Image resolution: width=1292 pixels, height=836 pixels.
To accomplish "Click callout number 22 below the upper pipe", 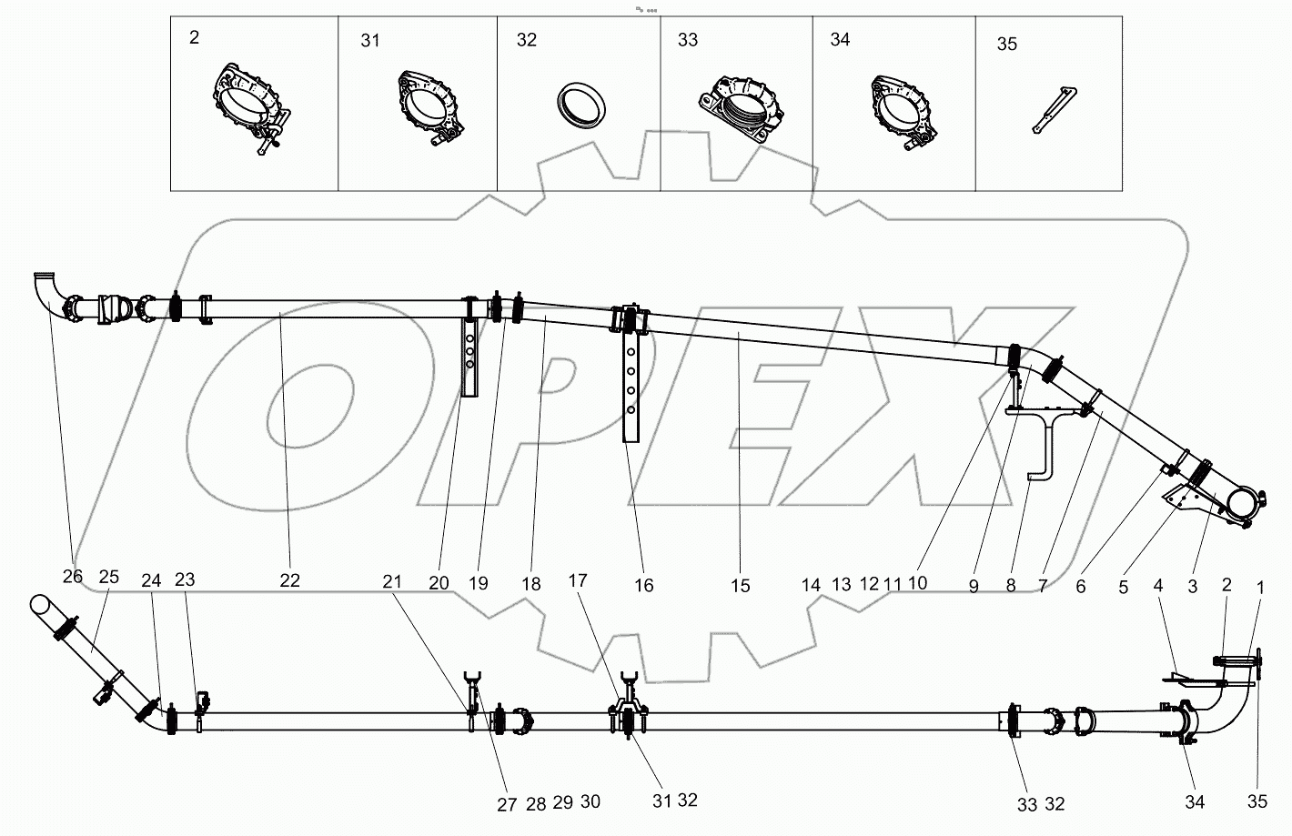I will tap(289, 580).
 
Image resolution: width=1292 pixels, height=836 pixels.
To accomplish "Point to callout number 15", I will tap(741, 586).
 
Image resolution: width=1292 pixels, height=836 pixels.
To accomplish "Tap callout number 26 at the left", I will tap(72, 576).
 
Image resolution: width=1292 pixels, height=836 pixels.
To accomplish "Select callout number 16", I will tap(643, 585).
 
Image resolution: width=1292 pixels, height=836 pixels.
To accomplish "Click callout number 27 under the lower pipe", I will tap(507, 804).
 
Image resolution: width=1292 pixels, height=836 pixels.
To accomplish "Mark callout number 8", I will tap(1010, 586).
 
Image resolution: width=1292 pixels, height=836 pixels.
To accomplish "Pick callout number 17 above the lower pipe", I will tap(579, 580).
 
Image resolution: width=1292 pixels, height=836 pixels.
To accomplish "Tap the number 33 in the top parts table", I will tap(688, 40).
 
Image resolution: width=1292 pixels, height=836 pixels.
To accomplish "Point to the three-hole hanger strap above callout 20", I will tap(469, 355).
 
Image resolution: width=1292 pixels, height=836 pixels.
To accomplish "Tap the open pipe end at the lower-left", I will tap(41, 605).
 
